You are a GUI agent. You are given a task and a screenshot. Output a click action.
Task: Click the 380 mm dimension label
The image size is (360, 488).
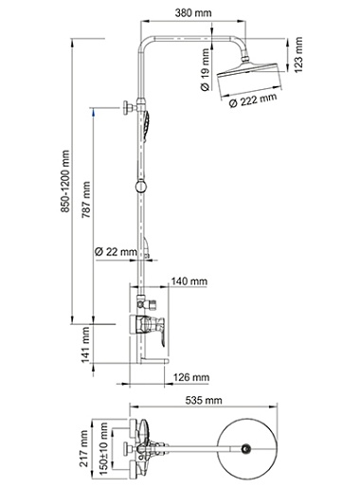[x=193, y=13]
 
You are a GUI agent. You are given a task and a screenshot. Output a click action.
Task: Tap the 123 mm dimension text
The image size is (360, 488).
[x=298, y=55]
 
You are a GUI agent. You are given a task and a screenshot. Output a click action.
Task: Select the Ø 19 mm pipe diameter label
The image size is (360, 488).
[x=205, y=70]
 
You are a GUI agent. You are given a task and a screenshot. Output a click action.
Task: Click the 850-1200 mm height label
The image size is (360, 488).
[x=64, y=181]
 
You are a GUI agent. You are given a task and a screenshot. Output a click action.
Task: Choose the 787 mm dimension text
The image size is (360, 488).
[x=86, y=200]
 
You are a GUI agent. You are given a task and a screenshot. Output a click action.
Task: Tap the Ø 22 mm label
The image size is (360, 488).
[x=116, y=252]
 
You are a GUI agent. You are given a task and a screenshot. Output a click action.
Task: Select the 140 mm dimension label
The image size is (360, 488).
[x=189, y=280]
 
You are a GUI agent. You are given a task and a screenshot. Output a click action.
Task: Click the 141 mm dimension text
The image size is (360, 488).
[x=85, y=345]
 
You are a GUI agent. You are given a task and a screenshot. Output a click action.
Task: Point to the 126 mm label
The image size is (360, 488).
[x=191, y=377]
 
